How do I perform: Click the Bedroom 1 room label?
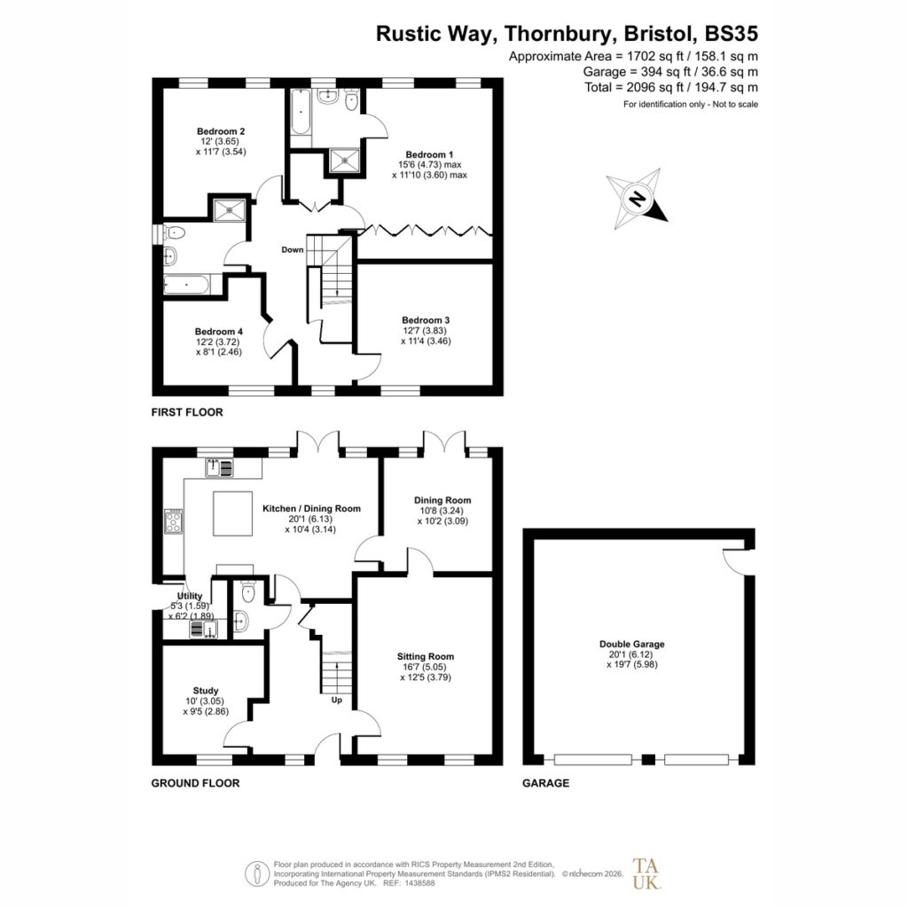point(429,154)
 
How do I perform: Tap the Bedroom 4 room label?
point(218,332)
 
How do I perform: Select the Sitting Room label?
point(425,657)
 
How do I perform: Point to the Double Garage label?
point(631,644)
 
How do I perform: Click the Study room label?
point(206,691)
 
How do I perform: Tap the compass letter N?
point(637,199)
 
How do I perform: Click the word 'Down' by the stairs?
point(293,249)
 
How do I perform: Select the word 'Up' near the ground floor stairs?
point(336,701)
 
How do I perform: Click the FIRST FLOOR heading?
point(187,412)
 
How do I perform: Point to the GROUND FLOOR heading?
point(195,783)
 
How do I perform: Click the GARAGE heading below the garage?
point(545,783)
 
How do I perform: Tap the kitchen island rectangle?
point(233,513)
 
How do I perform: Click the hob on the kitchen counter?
point(174,521)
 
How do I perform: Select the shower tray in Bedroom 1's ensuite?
point(345,160)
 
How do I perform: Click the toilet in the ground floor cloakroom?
point(248,591)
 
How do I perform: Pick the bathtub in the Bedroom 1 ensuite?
point(300,112)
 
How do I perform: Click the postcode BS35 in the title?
point(731,34)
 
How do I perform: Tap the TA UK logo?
point(646,873)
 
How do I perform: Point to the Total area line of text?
point(671,88)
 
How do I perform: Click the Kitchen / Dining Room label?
point(311,508)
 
